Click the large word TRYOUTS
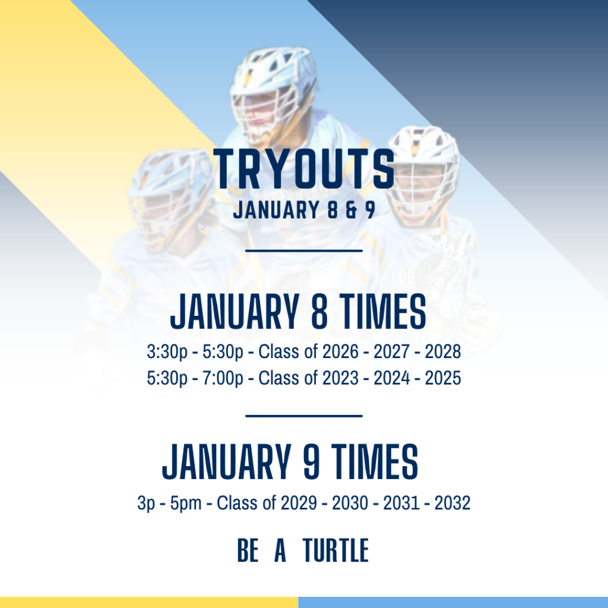coord(304,169)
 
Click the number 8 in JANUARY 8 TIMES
coord(319,311)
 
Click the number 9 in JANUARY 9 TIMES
coord(311,462)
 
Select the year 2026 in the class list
coord(340,351)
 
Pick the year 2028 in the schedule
coord(443,351)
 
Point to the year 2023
coord(340,378)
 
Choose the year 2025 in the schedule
coord(443,378)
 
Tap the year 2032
coord(452,503)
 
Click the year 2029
coord(299,503)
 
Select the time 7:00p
coord(223,378)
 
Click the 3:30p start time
coord(167,352)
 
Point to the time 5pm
coord(186,503)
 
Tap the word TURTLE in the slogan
coord(336,550)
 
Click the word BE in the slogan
coord(248,550)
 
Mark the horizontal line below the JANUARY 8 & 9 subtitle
coord(304,251)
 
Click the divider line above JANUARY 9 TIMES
coord(304,416)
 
